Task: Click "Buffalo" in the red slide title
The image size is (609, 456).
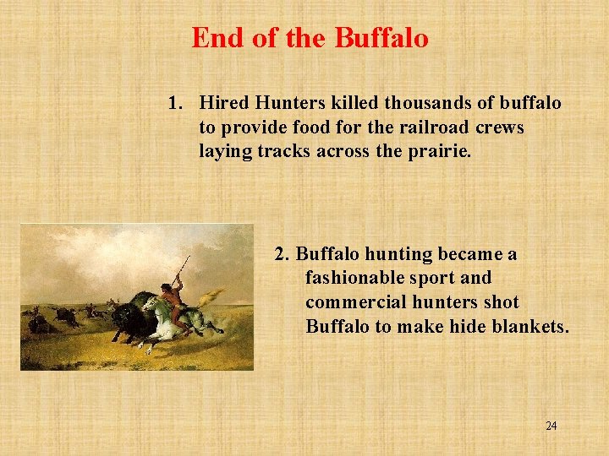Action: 381,38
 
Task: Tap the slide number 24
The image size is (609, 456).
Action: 551,426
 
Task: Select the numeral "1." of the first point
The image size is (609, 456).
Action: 176,103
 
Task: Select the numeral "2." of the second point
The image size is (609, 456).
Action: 283,253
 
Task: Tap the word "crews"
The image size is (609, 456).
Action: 502,127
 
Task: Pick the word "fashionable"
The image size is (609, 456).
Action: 356,278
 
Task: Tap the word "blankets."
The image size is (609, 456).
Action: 529,326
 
